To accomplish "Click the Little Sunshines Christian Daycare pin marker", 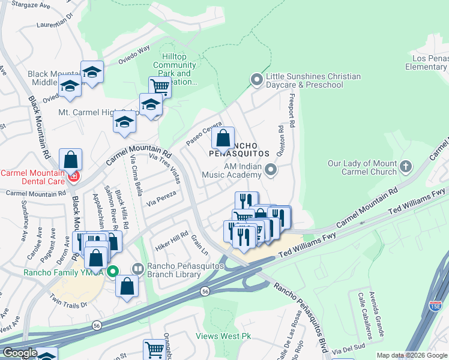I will click(x=257, y=79).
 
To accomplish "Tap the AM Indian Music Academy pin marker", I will click(x=271, y=170).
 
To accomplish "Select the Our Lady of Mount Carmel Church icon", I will click(x=406, y=166).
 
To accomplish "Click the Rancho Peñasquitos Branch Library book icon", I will click(x=137, y=269).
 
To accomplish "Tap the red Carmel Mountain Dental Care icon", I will click(x=73, y=176).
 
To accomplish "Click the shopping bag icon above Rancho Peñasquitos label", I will click(x=223, y=139).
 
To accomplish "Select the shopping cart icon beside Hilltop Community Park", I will click(x=160, y=86).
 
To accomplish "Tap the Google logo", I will click(x=20, y=353).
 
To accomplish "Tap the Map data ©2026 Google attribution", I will click(x=412, y=355).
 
